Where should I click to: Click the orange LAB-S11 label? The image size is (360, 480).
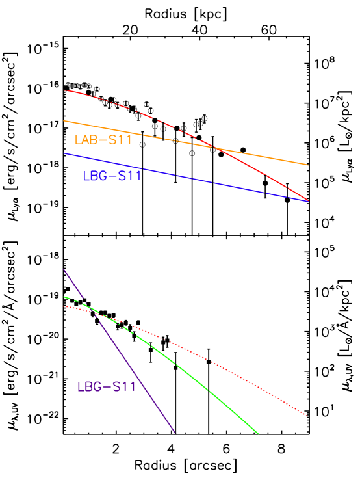(103, 140)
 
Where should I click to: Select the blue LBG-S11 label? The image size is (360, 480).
(112, 176)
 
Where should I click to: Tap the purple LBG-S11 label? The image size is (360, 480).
(107, 387)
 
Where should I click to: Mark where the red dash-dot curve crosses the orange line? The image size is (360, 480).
(214, 148)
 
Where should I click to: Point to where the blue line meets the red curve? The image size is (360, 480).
(308, 201)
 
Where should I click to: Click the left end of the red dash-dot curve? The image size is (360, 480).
(64, 90)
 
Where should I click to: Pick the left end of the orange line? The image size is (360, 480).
(64, 121)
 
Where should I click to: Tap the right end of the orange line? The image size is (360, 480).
(308, 165)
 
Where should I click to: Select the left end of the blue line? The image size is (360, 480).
(64, 153)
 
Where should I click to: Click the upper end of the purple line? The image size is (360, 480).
(64, 269)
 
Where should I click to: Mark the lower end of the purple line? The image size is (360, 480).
(175, 432)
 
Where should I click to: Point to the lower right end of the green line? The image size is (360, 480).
(259, 433)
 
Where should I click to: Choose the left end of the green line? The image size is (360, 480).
(64, 297)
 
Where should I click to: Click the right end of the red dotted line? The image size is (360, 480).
(307, 416)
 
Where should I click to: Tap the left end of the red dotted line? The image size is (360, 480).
(64, 306)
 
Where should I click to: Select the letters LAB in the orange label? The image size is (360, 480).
(86, 140)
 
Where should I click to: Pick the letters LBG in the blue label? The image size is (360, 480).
(95, 176)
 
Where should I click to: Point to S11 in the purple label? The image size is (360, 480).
(123, 387)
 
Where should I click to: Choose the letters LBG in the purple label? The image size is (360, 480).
(90, 387)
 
